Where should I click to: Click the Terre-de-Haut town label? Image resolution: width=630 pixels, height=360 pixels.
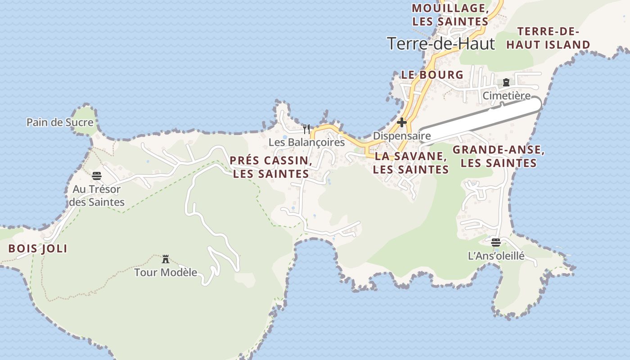[x=441, y=44]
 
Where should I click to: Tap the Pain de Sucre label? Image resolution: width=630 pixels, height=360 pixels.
[x=60, y=122]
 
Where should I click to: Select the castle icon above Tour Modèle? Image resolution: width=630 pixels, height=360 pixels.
[x=166, y=259]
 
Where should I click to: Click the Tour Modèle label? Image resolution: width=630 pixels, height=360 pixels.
[x=166, y=272]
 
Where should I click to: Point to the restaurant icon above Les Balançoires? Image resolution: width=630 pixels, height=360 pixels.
[x=306, y=130]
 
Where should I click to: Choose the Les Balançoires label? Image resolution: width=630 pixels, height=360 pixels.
[x=306, y=142]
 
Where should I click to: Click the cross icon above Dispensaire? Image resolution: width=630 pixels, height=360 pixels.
[x=402, y=122]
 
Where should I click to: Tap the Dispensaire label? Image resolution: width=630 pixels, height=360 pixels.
[x=402, y=135]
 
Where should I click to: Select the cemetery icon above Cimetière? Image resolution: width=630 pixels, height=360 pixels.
[x=506, y=83]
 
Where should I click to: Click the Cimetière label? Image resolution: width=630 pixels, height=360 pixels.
[x=506, y=96]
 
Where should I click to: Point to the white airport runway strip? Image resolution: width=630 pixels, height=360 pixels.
[x=481, y=121]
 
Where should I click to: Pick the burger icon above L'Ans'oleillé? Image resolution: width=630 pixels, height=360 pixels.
[x=496, y=243]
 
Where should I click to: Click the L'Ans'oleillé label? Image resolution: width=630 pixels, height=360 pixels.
[x=496, y=256]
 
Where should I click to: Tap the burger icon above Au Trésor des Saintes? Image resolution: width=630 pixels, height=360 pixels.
[x=97, y=176]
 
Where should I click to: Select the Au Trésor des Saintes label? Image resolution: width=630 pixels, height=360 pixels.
[x=97, y=196]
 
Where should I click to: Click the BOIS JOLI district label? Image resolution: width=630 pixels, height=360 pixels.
[x=38, y=248]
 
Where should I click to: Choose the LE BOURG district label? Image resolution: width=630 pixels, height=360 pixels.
[x=432, y=75]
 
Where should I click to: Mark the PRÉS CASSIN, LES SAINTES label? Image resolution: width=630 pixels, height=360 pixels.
[x=271, y=167]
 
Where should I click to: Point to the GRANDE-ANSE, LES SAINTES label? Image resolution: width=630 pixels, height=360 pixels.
[x=499, y=157]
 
